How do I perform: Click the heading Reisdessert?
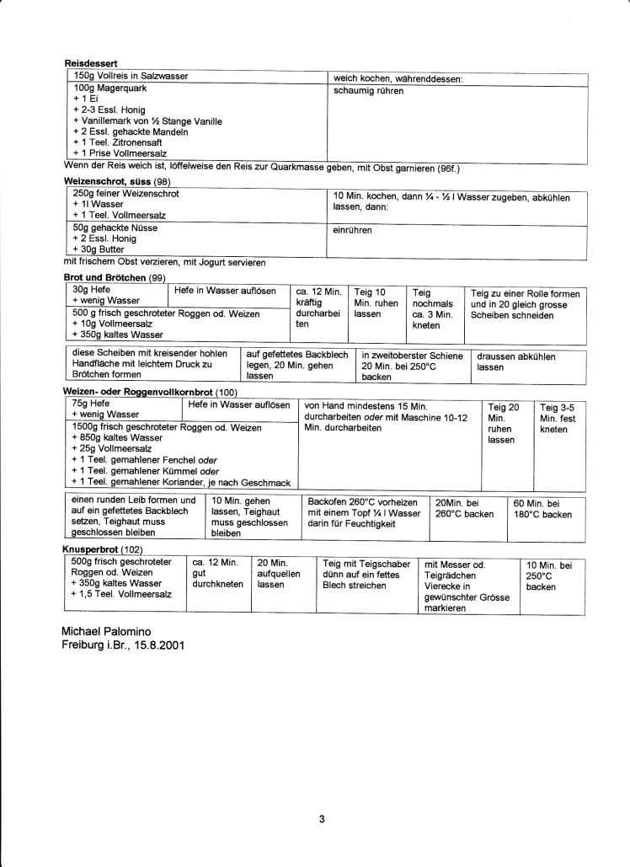point(90,62)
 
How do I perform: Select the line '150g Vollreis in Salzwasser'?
point(131,77)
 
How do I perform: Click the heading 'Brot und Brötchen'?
point(106,277)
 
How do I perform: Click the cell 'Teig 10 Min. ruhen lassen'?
point(375,302)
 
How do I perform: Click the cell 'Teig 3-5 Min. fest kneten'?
point(558,418)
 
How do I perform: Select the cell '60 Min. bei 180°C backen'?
point(543,509)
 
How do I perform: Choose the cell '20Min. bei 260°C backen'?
point(464,509)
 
